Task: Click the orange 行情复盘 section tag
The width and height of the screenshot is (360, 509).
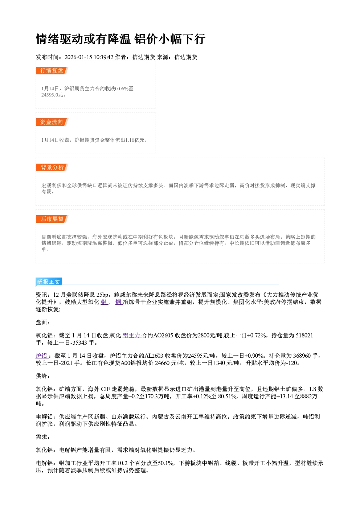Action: (x=52, y=70)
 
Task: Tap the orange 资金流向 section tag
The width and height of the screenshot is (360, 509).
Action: (x=52, y=122)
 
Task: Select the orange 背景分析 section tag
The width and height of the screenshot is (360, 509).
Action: (x=52, y=168)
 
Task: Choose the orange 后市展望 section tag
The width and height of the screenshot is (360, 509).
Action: (x=52, y=219)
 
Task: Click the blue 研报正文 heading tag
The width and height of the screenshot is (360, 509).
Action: (x=49, y=282)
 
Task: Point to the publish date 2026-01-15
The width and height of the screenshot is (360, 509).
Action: (x=78, y=57)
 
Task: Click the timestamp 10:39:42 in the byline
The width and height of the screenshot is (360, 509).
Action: (x=103, y=57)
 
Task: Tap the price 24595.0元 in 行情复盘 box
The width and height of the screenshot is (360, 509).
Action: (x=52, y=95)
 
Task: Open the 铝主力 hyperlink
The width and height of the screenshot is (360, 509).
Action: (x=132, y=335)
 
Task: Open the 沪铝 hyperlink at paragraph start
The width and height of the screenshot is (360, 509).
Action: (x=41, y=356)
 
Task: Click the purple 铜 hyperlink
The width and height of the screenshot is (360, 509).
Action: (x=119, y=302)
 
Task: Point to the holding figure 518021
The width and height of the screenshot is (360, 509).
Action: (x=303, y=335)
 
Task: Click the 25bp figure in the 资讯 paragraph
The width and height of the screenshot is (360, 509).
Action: (x=102, y=295)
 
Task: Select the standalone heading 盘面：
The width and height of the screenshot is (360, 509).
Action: (x=43, y=322)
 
